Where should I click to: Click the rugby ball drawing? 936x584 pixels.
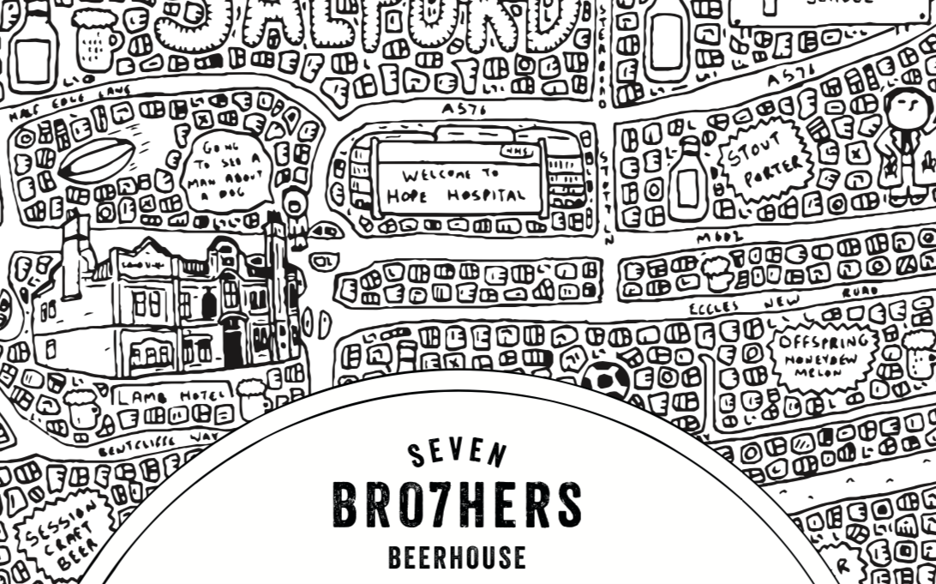point(96,160)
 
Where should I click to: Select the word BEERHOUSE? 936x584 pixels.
point(457,557)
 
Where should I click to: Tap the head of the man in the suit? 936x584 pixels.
point(903,108)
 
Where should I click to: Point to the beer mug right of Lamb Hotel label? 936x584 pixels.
point(251,398)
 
